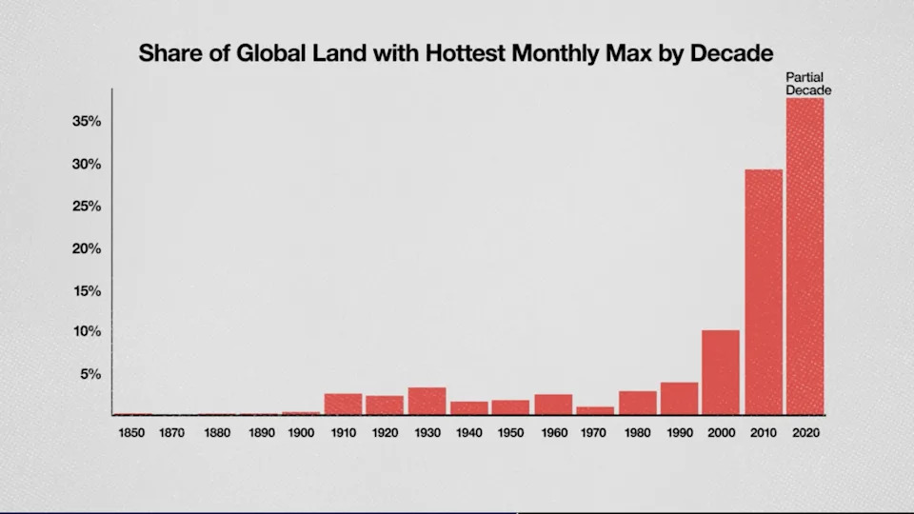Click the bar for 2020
(x=805, y=256)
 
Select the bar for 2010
(x=763, y=292)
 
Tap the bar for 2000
(x=721, y=372)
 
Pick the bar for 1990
(x=679, y=399)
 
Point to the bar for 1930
(x=427, y=401)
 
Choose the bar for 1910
(x=343, y=405)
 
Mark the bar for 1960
(x=553, y=405)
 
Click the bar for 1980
(x=637, y=403)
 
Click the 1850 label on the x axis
(x=132, y=433)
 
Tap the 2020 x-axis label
(x=805, y=433)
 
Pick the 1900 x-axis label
(x=301, y=433)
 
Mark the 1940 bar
(x=468, y=408)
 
